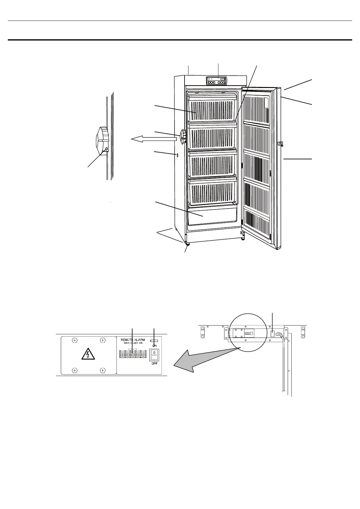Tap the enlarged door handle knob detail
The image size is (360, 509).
[x=101, y=141]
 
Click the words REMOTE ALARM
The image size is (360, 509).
[x=133, y=340]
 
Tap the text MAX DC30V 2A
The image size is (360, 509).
[x=133, y=343]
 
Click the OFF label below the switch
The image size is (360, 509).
[x=154, y=363]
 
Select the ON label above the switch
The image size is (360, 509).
[x=154, y=345]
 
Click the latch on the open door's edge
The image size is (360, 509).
[x=280, y=143]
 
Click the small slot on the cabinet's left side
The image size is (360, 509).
[x=178, y=155]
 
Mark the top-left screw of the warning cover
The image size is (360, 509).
[x=74, y=340]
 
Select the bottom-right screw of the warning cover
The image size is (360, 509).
[x=103, y=370]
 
